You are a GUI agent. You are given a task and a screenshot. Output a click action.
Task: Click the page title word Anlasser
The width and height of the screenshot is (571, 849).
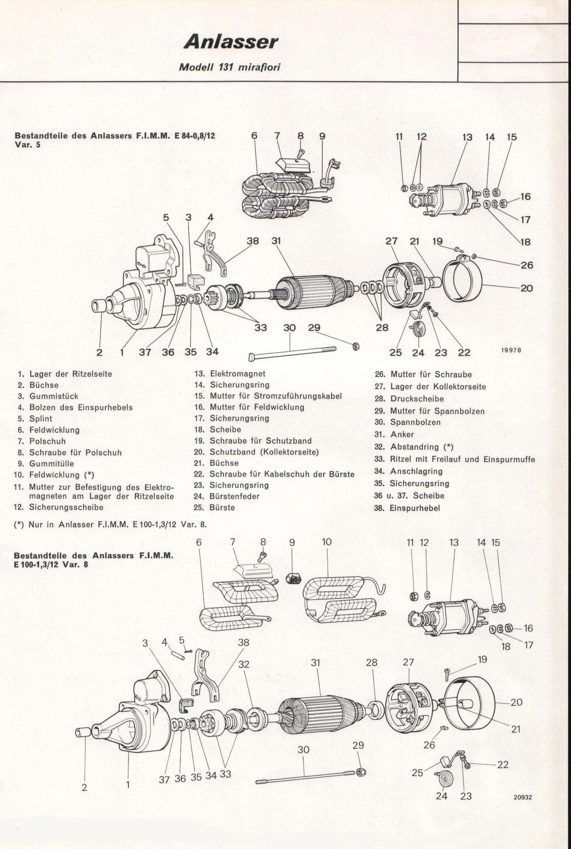[x=231, y=42]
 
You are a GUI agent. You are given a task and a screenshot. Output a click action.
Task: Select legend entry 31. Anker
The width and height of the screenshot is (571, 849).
[x=402, y=434]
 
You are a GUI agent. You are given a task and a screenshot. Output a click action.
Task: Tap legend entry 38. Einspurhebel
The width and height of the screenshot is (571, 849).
[x=415, y=508]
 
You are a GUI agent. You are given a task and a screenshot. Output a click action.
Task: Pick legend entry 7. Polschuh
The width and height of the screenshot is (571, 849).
[x=47, y=441]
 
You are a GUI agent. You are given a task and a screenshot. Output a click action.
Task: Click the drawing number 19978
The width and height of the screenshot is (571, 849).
[x=511, y=350]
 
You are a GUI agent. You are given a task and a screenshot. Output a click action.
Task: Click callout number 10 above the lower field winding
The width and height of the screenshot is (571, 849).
[x=327, y=542]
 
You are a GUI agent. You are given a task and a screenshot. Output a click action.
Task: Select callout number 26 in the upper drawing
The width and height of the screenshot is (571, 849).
[x=527, y=265]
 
